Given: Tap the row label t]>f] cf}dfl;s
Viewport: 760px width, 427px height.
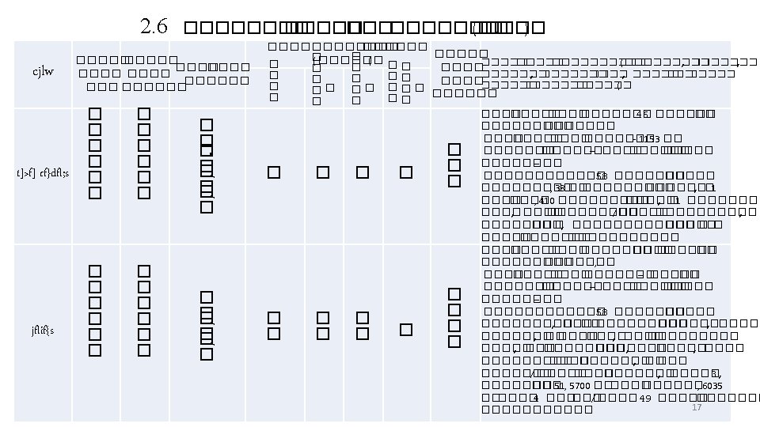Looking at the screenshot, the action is (x=44, y=173).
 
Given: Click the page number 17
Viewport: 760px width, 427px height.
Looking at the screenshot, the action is (x=697, y=406).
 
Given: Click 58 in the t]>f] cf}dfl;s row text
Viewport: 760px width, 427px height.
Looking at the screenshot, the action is (x=601, y=176).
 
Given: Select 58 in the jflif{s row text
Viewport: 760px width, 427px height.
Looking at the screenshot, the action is (x=601, y=311).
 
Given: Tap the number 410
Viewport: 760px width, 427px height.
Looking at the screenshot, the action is (x=545, y=201).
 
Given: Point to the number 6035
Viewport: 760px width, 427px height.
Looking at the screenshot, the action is (x=712, y=386).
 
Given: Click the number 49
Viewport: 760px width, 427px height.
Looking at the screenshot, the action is (x=644, y=399).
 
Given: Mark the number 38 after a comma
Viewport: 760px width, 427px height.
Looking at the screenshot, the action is (x=559, y=188).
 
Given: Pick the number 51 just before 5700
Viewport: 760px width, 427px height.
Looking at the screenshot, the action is (x=560, y=386).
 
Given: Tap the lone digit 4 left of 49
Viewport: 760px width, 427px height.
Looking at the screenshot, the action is (x=536, y=399).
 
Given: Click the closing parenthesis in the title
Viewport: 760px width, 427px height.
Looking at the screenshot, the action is (x=526, y=28).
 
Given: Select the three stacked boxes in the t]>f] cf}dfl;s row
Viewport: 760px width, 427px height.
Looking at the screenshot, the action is (x=454, y=165).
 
